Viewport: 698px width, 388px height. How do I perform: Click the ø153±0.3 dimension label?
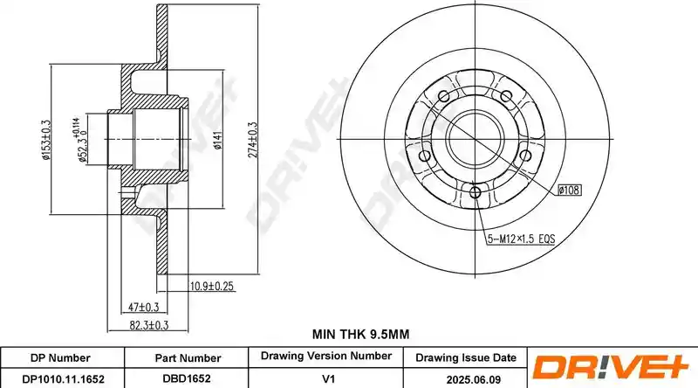click(x=46, y=140)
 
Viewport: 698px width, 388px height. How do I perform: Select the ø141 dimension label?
click(x=217, y=140)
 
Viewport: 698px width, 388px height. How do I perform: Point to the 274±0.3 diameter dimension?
click(x=252, y=140)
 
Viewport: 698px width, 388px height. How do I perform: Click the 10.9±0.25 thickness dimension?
click(x=211, y=287)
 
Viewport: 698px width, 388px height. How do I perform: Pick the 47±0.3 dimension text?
click(x=143, y=307)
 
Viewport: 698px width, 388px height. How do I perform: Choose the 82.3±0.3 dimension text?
click(x=148, y=325)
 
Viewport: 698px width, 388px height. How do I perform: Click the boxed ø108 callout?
click(x=570, y=190)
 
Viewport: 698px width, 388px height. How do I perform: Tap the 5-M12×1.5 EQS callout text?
click(x=521, y=239)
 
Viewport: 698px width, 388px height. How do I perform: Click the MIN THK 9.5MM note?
click(x=360, y=334)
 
